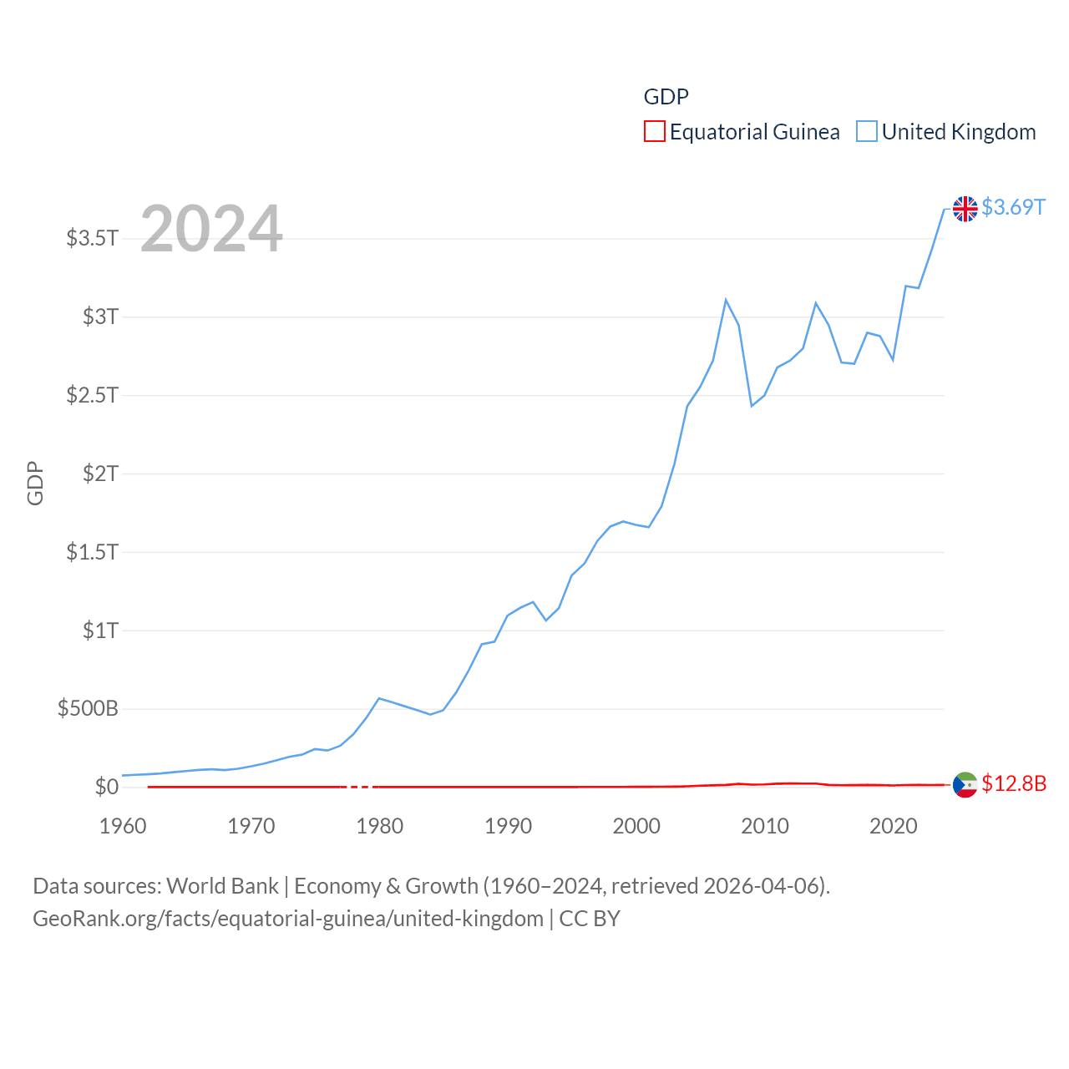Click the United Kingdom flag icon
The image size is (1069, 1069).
(x=965, y=209)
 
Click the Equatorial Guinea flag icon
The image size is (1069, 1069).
(x=965, y=785)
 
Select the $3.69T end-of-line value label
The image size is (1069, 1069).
(x=1013, y=207)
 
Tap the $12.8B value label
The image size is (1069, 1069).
(x=1014, y=783)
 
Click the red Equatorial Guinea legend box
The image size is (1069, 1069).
(x=655, y=132)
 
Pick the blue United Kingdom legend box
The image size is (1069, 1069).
(x=867, y=132)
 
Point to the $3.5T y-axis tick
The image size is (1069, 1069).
(x=92, y=238)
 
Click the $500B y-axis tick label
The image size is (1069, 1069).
(x=88, y=709)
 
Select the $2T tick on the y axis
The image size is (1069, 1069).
(x=100, y=474)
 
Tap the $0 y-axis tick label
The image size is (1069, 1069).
(x=106, y=787)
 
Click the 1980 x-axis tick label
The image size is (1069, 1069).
(x=379, y=827)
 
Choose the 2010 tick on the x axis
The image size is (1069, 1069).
(x=765, y=827)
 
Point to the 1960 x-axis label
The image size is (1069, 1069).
(x=123, y=827)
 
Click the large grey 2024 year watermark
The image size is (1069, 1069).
(x=211, y=229)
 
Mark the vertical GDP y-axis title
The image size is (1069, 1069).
(x=35, y=483)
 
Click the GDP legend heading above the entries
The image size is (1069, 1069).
(x=666, y=97)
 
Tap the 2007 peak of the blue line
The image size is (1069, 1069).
(x=726, y=300)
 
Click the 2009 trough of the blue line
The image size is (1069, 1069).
(x=752, y=406)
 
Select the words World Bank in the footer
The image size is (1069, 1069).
(x=222, y=886)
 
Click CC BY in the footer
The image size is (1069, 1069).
(x=590, y=919)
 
